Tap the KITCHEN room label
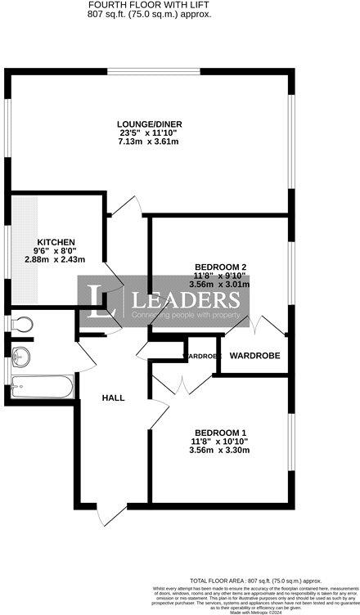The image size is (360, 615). point(55,241)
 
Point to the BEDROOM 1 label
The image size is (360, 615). point(219,432)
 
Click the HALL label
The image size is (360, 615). point(113,397)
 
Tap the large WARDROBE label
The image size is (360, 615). point(254,356)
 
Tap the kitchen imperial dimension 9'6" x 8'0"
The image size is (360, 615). point(54,250)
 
